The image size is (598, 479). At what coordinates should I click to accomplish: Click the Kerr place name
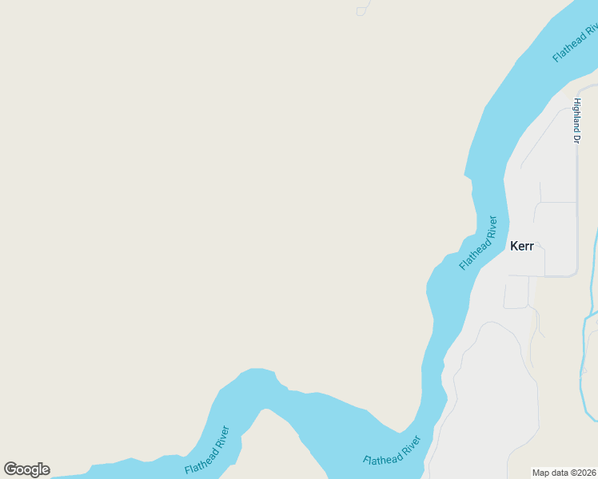coord(521,246)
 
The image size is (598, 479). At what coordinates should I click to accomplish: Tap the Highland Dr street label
coord(576,121)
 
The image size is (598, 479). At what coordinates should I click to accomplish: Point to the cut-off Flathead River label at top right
coord(576,44)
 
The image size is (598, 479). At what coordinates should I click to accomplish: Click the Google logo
coord(26,469)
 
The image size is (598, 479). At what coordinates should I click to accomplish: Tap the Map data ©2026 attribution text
coord(564,473)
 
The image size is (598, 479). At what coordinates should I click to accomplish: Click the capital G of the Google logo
coord(10,469)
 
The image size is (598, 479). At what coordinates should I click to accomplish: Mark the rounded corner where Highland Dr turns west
coord(574,274)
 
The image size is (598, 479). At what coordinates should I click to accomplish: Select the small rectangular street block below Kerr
coord(516,292)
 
